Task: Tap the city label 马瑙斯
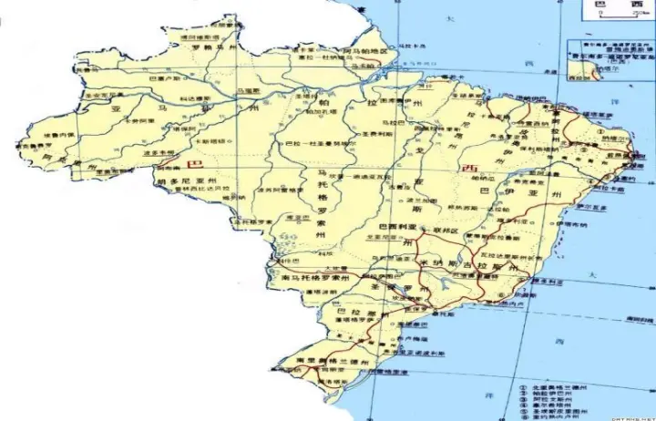[248, 91]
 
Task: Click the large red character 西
[470, 168]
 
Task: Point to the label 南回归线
[630, 320]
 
